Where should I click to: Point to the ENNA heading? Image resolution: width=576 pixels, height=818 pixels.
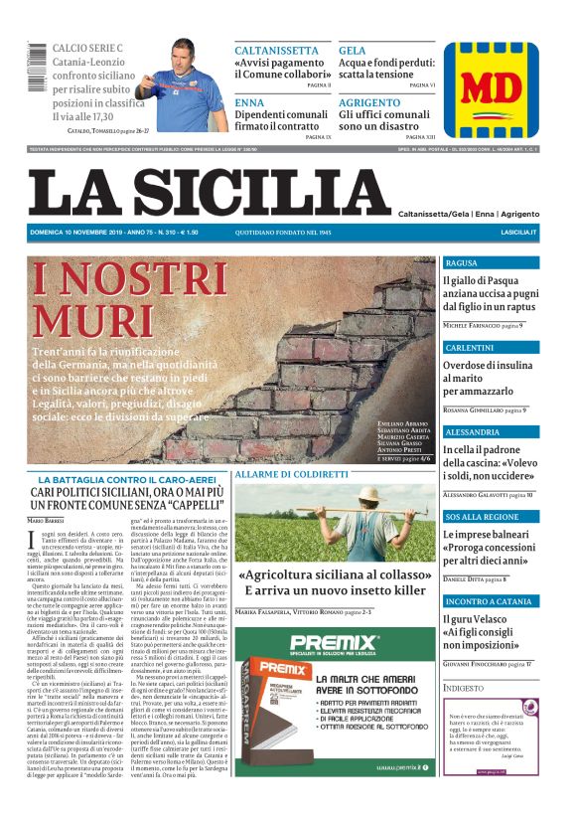click(x=249, y=102)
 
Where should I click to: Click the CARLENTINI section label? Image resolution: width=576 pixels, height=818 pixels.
click(x=471, y=347)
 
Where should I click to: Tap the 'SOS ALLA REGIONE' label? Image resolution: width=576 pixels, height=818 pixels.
click(x=482, y=517)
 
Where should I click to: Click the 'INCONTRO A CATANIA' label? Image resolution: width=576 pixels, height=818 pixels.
click(x=489, y=602)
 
